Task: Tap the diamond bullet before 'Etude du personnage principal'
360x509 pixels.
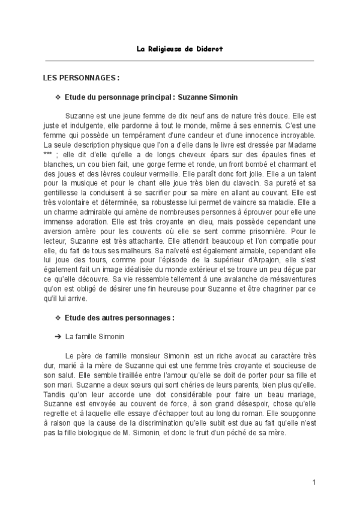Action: tap(58, 97)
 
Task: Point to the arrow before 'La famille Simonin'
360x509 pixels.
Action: tap(58, 336)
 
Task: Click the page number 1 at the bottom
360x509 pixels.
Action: tap(314, 482)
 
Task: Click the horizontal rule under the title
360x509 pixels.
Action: tap(180, 60)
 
